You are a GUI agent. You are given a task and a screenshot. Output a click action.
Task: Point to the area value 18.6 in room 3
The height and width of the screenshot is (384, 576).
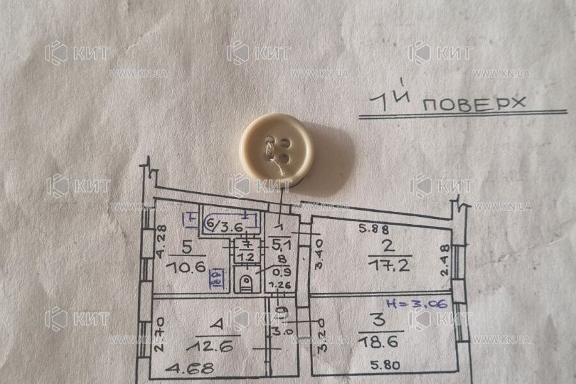[x=380, y=343]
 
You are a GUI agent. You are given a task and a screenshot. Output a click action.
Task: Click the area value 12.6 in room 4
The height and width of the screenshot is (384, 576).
[x=205, y=346]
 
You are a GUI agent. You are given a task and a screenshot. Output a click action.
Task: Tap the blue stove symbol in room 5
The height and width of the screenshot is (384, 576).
[x=217, y=276]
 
